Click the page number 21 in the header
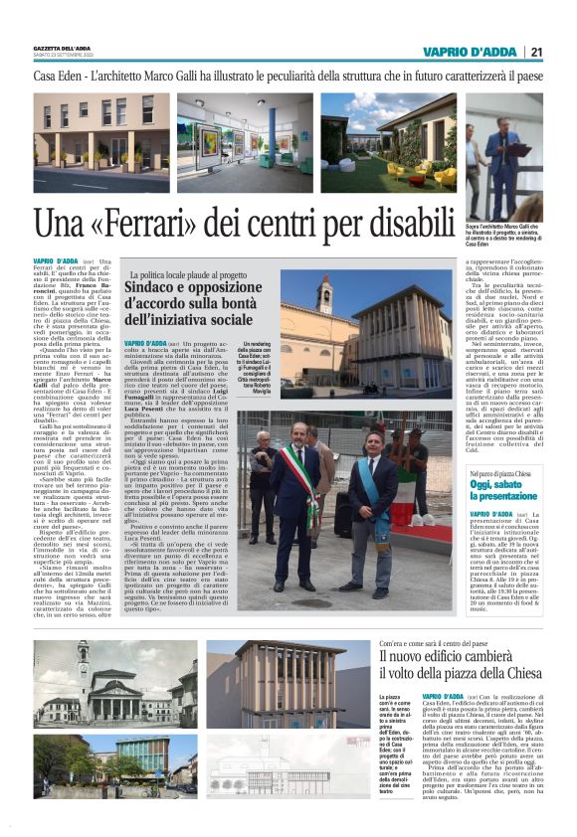[x=536, y=52]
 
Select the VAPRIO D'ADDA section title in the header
[x=468, y=52]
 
